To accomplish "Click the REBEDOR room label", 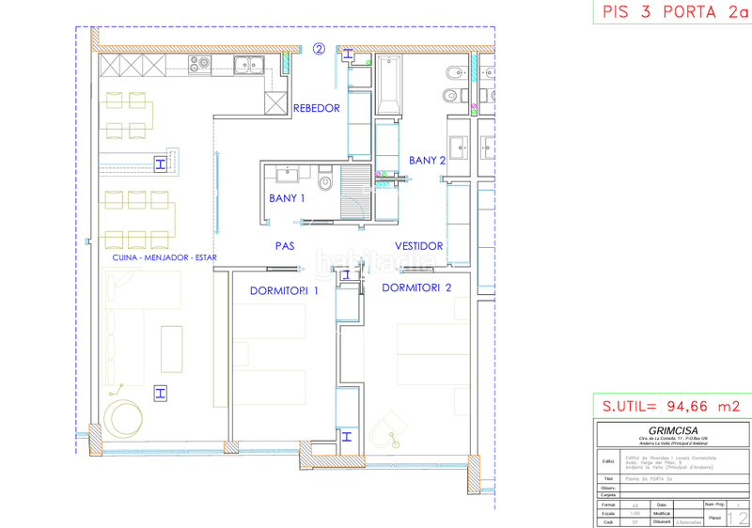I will click(x=316, y=108).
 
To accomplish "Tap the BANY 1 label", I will click(x=287, y=198).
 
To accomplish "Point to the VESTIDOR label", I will click(x=418, y=246).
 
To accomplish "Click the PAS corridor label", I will click(x=286, y=246).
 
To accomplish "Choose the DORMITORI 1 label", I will click(x=284, y=290).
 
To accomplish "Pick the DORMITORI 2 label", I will click(x=416, y=287).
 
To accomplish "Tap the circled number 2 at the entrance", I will click(x=319, y=50).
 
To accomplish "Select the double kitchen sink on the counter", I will click(x=250, y=65).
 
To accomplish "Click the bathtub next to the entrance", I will click(x=390, y=85).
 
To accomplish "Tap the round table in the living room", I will click(x=123, y=417).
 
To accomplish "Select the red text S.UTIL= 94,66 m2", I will click(x=671, y=407).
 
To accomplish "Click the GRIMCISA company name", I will click(x=672, y=431).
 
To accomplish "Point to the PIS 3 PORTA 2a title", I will click(x=671, y=12).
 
